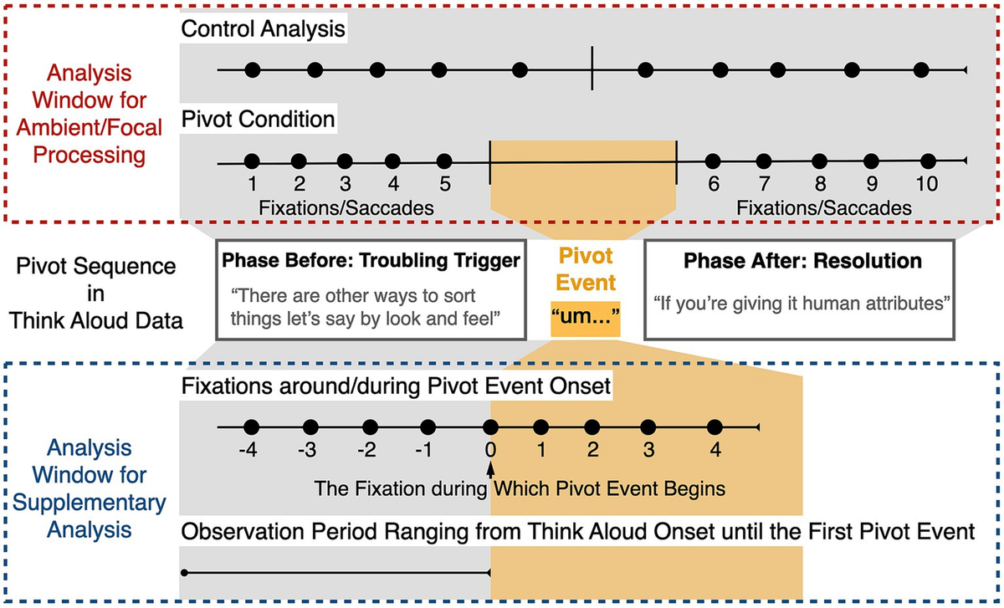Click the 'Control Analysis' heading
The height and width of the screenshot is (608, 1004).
click(x=264, y=30)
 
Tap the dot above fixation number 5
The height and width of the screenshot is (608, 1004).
click(x=444, y=161)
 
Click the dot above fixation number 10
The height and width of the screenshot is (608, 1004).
click(x=927, y=161)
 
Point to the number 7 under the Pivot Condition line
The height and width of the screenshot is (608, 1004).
click(x=763, y=184)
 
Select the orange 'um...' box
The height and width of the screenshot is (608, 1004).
click(x=586, y=319)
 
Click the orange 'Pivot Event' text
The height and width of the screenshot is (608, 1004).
click(x=586, y=270)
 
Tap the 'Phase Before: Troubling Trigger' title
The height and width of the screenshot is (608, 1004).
click(x=371, y=261)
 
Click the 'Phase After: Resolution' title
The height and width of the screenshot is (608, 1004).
click(x=803, y=261)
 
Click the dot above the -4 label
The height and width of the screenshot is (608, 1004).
click(x=249, y=427)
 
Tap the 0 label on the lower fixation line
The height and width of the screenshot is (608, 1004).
click(x=491, y=450)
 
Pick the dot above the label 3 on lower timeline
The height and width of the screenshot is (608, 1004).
click(x=648, y=427)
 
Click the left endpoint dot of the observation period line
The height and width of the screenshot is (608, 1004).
click(x=184, y=574)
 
